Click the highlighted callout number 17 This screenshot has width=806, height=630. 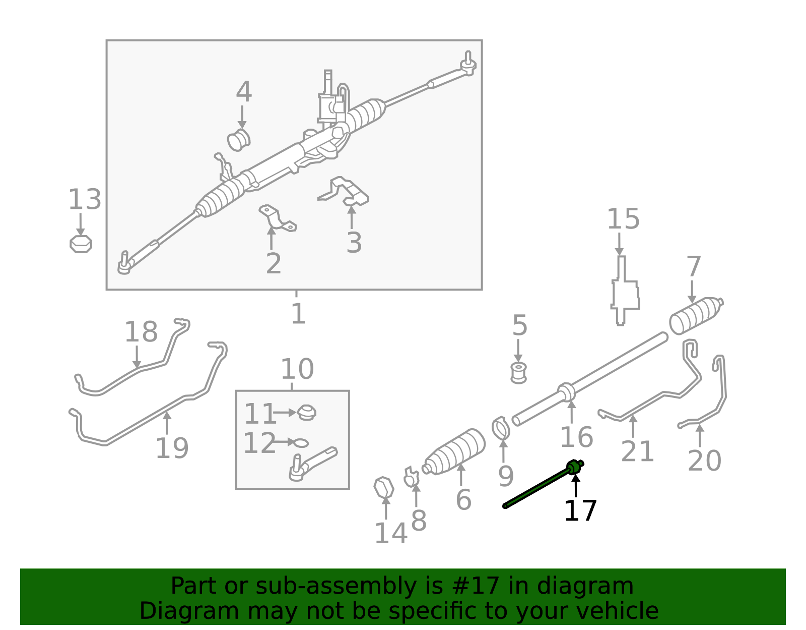pos(580,511)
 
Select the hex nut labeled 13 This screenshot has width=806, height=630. pos(81,244)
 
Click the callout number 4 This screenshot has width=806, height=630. pos(244,92)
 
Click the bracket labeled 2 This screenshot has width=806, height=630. pos(277,218)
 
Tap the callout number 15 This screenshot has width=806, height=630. pos(623,219)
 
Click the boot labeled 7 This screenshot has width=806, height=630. pos(695,315)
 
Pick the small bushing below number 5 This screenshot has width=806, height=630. pos(518,372)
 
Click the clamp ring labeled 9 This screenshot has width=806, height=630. pos(501,428)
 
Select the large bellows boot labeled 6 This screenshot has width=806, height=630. pos(455,452)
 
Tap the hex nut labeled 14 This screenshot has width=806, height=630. pos(384,488)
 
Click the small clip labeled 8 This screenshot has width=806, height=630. pos(412,477)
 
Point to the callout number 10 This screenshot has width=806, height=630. pos(297,369)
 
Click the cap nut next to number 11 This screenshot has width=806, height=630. pos(306,413)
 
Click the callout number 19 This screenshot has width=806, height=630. pos(172,448)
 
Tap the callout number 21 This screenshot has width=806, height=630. pos(637,451)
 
